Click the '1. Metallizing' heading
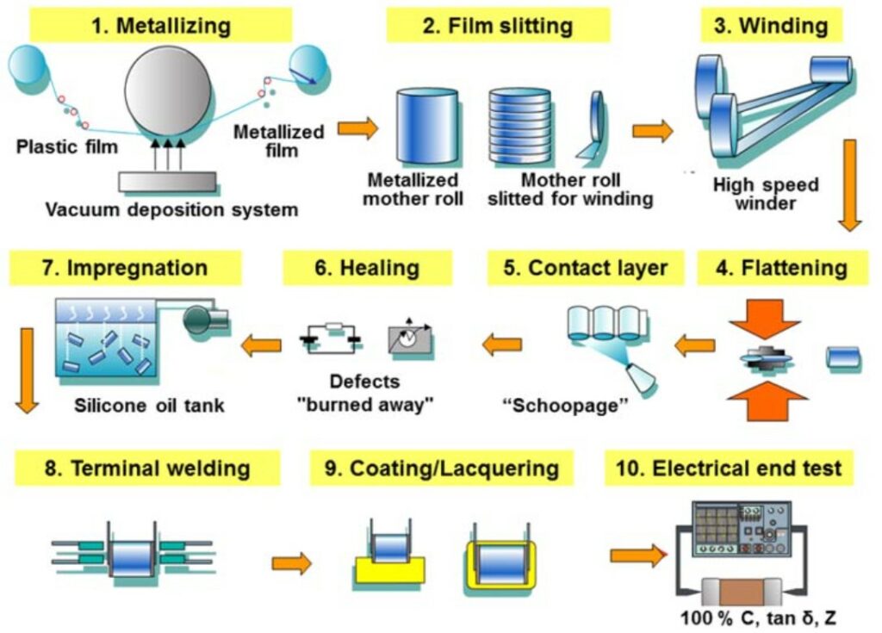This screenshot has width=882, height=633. pos(161,25)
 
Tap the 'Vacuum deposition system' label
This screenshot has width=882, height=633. pos(172,209)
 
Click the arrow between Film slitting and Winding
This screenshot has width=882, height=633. pos(653,131)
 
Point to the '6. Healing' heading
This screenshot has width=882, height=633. pos(367,268)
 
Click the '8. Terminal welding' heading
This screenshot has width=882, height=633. pos(147,469)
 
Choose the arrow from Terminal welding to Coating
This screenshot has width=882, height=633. pos(291,564)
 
